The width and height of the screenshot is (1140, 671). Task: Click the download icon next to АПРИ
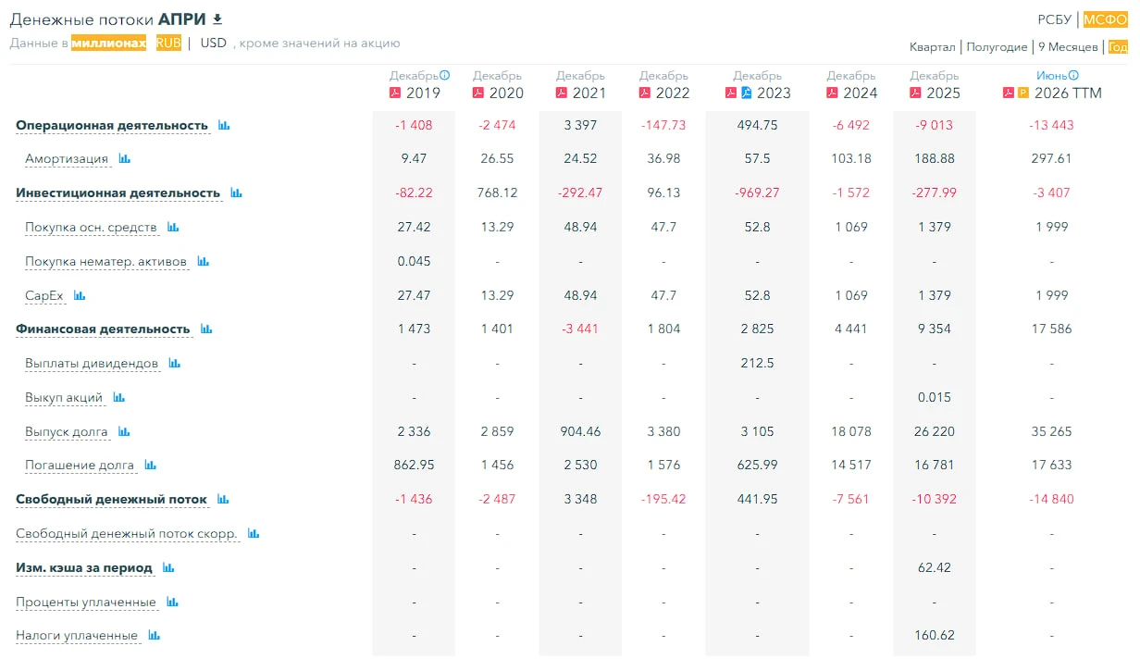217,19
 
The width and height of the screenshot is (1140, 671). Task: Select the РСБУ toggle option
1055,19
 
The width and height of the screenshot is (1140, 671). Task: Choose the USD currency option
213,43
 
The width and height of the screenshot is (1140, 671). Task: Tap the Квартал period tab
933,47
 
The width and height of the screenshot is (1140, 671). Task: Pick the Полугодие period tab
997,47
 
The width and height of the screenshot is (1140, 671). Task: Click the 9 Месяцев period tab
1068,47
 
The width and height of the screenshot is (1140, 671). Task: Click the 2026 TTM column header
1068,93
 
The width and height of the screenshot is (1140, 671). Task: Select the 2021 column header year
589,93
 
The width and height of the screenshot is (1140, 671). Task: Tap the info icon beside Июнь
1073,75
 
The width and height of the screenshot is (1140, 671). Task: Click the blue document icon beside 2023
746,93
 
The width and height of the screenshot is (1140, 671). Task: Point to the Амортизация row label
67,159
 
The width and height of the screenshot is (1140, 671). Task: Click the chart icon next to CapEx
80,295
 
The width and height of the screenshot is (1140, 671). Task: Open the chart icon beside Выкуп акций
118,397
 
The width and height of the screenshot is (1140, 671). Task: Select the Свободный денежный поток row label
111,500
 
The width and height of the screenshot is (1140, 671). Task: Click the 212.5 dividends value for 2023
757,363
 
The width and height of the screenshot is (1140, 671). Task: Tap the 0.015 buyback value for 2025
934,397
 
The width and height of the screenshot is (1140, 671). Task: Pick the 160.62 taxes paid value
934,635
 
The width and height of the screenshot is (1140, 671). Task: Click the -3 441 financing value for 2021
579,329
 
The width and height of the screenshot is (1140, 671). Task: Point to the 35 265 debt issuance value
1051,431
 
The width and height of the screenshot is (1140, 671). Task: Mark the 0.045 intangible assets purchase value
414,261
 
